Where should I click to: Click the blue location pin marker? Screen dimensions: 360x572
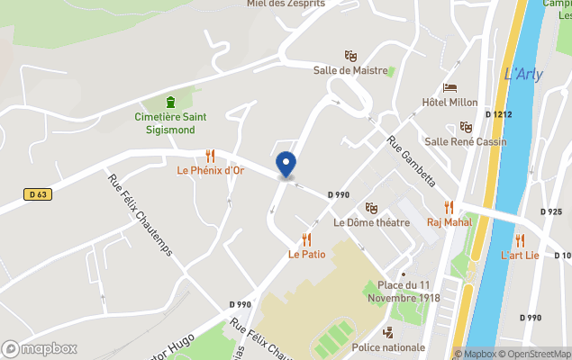point(286,164)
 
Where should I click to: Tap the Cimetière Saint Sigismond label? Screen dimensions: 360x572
point(170,123)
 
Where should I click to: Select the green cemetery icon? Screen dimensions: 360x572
point(170,102)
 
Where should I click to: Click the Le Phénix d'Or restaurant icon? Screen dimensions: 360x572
point(210,155)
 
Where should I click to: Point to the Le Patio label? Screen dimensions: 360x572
point(306,255)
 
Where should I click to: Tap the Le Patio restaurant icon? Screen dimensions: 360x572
point(306,239)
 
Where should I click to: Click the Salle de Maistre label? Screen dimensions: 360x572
point(350,70)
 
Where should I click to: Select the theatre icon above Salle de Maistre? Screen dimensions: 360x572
point(350,56)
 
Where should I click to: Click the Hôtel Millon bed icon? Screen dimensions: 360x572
point(450,87)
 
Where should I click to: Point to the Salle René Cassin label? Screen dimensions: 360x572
point(466,141)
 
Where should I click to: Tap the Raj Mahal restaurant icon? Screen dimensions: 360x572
point(449,208)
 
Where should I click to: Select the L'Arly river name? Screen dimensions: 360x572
point(523,75)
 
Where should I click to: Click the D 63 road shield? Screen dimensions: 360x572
point(36,193)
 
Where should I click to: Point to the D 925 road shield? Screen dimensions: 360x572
point(550,211)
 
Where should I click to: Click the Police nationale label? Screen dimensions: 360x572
point(388,347)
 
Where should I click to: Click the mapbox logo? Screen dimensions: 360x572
point(40,348)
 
